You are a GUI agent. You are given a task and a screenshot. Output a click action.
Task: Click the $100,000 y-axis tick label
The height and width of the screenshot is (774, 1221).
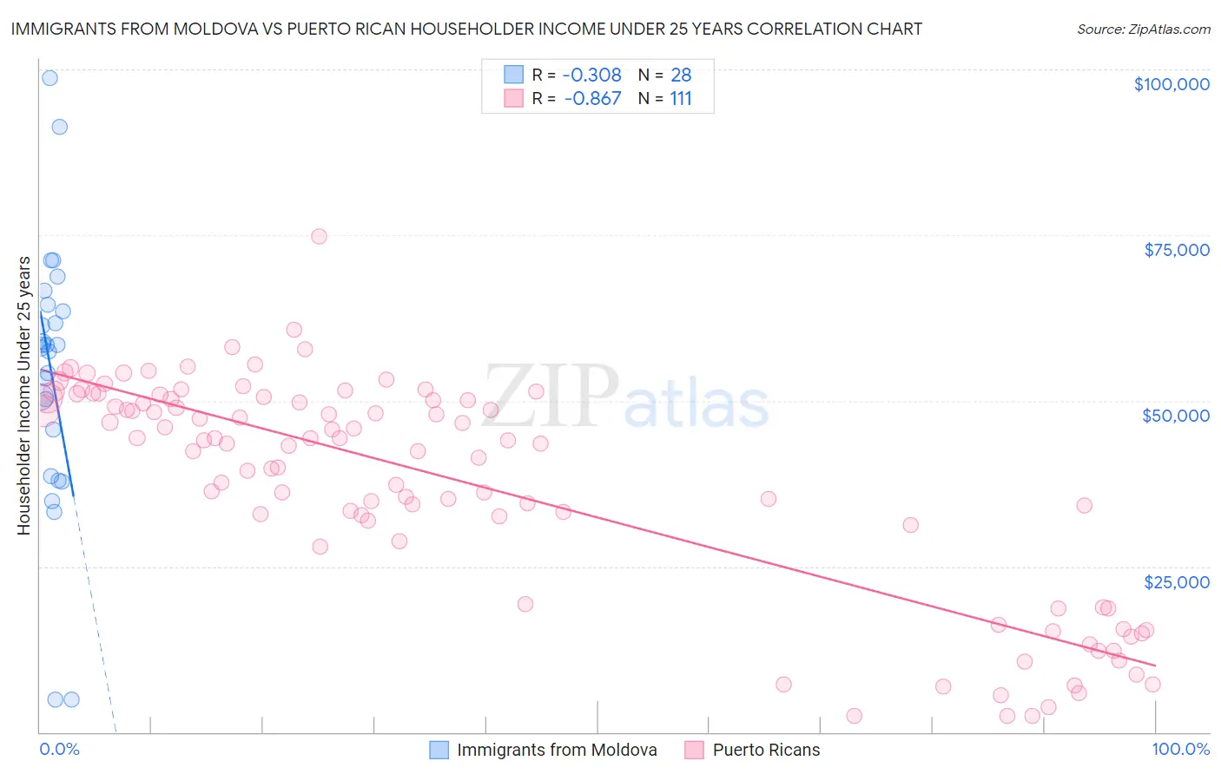(1171, 84)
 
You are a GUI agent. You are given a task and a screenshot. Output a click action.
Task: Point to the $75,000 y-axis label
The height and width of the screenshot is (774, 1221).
(1176, 250)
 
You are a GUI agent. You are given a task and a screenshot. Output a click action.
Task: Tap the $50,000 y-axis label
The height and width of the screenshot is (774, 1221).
(1175, 416)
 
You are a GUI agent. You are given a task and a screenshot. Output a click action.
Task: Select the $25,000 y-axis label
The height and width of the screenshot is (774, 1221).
(1176, 581)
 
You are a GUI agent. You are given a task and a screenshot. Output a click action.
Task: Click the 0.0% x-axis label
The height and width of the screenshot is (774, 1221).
(59, 749)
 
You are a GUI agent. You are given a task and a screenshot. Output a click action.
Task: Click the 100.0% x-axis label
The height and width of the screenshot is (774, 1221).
(1180, 749)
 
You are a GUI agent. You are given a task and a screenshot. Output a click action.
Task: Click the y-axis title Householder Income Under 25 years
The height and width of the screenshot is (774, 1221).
(24, 395)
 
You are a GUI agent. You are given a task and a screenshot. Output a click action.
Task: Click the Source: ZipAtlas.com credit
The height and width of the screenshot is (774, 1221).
(1143, 29)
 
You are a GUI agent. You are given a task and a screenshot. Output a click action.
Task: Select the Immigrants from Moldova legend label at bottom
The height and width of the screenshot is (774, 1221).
(557, 750)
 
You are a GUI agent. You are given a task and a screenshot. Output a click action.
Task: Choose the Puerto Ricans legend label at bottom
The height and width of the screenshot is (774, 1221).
(766, 750)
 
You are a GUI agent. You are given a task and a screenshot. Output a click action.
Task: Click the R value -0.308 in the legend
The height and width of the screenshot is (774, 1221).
(592, 75)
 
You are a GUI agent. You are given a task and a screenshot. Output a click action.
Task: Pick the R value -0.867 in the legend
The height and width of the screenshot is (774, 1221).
(592, 98)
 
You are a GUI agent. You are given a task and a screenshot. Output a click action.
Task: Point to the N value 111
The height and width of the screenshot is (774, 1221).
(681, 98)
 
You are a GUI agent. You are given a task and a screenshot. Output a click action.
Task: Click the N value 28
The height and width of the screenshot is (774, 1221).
(681, 75)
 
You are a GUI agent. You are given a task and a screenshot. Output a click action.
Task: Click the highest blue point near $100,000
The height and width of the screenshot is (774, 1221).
(49, 78)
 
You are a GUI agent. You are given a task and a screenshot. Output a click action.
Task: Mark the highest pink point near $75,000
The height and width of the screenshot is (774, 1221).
(319, 236)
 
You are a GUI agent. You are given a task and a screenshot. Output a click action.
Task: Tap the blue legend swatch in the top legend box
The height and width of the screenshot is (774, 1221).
(514, 75)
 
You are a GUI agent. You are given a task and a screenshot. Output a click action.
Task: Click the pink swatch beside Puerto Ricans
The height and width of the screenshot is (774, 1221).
(694, 750)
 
